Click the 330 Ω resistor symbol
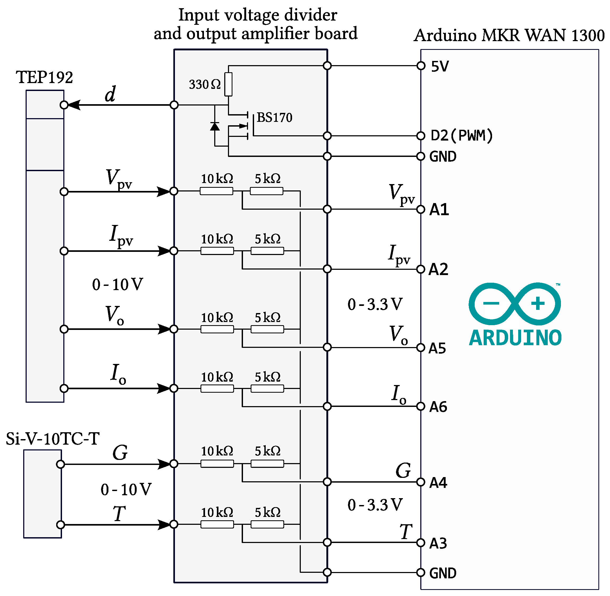(x=228, y=84)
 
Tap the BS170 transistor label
(x=274, y=118)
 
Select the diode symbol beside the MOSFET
(x=215, y=127)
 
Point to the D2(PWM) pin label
(x=461, y=136)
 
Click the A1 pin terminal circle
(x=421, y=209)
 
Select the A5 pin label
(x=437, y=348)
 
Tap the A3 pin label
(x=438, y=543)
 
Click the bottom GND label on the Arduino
(x=442, y=573)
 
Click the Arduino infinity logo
(x=514, y=304)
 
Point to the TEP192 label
(x=45, y=77)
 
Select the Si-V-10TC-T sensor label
(x=53, y=439)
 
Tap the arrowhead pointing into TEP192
(x=74, y=105)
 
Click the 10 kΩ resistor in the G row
(x=217, y=464)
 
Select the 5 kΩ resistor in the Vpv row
(x=266, y=191)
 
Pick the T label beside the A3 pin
(x=406, y=531)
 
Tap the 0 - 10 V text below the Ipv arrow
(x=117, y=284)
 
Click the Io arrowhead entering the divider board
(x=164, y=388)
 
